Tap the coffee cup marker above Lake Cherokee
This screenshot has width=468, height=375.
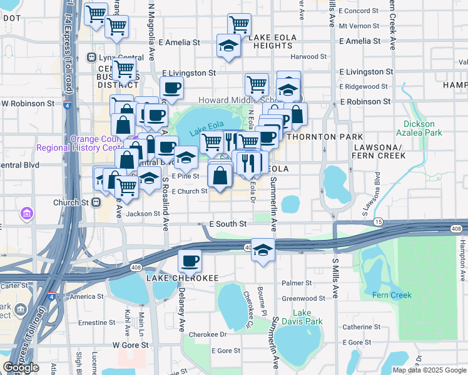coord(190,261)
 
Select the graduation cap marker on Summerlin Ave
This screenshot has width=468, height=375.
coord(263,250)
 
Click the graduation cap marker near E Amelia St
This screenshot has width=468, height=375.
coord(228,45)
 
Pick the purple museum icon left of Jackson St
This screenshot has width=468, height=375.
coord(27,214)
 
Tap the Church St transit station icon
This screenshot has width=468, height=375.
coord(96,202)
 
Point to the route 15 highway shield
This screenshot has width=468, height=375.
coord(378,222)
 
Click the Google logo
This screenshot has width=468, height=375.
coord(21,367)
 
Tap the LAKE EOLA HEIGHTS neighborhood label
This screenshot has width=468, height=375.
coord(280,37)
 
